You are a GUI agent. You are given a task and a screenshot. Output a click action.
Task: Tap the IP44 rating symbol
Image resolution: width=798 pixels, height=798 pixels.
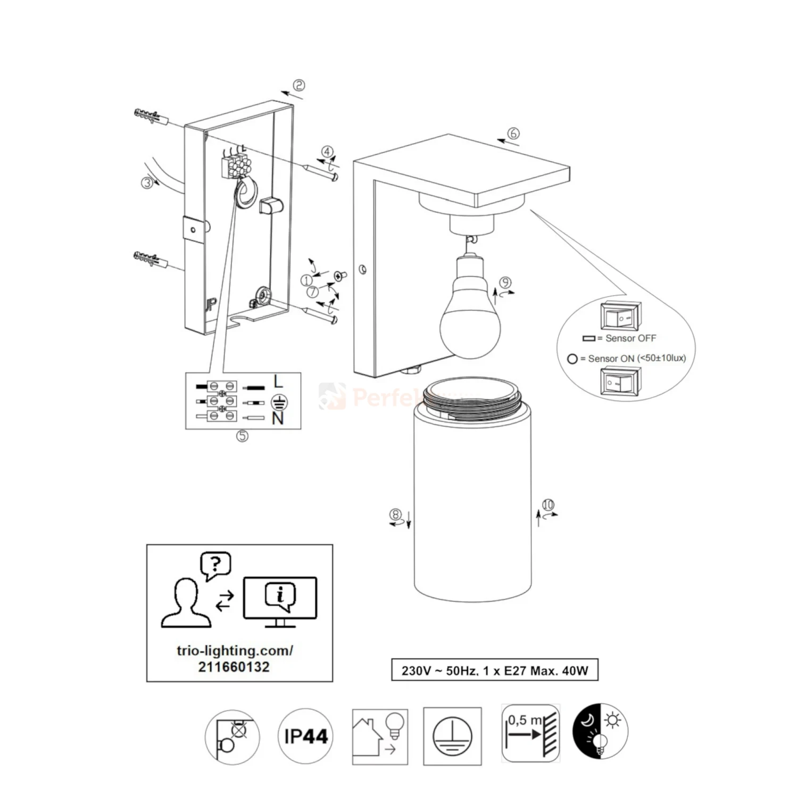pos(306,736)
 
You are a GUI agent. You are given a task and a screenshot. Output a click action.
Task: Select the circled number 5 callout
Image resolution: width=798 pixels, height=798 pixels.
pos(242,436)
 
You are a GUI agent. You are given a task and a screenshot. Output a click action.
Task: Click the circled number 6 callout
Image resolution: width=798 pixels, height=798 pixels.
pos(513,134)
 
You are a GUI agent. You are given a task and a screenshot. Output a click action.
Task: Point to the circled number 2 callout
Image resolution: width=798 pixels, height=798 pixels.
pos(299,86)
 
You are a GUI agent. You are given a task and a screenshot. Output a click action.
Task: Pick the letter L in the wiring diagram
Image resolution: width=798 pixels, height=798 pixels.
pos(278,381)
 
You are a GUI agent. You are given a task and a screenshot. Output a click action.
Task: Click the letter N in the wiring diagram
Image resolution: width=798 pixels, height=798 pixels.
pos(278,419)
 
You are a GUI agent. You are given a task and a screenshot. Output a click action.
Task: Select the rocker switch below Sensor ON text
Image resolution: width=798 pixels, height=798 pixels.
pos(620,381)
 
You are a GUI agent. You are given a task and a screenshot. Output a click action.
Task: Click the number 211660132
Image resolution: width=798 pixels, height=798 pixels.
pos(234,667)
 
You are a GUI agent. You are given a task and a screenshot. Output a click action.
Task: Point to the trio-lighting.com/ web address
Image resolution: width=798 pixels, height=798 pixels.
pos(235,651)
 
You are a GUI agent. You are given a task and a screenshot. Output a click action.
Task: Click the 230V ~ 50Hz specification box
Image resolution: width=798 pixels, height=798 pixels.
pos(495,670)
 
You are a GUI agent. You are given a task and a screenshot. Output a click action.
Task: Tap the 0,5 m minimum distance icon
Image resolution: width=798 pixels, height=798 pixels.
pos(530,733)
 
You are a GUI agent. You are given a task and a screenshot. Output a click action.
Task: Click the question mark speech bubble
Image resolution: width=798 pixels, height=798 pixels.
pos(215,565)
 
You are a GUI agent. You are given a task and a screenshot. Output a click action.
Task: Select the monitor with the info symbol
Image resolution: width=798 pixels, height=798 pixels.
pos(280,600)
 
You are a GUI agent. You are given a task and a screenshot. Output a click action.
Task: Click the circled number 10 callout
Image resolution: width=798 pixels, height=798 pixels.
pos(548,505)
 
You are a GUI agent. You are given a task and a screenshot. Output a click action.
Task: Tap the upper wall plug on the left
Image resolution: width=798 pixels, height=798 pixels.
pos(149,116)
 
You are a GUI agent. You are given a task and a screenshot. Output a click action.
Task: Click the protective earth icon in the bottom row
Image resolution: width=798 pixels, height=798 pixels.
pos(452,736)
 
